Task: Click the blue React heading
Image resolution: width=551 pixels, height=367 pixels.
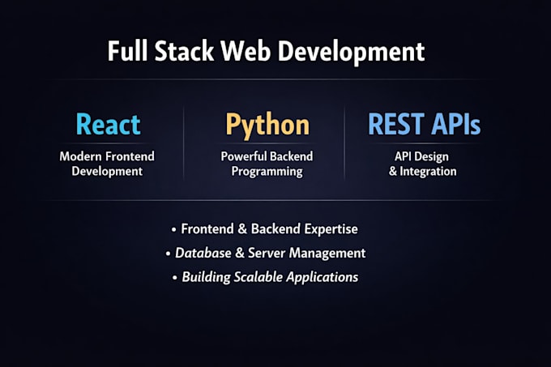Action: coord(108,124)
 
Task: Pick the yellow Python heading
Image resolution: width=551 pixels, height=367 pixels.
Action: coord(267,124)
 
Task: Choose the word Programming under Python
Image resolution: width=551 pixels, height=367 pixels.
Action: coord(267,172)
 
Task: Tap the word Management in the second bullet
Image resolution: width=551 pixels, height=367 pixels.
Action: coord(327,253)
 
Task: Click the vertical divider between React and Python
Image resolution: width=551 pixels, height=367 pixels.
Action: coord(184,142)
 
